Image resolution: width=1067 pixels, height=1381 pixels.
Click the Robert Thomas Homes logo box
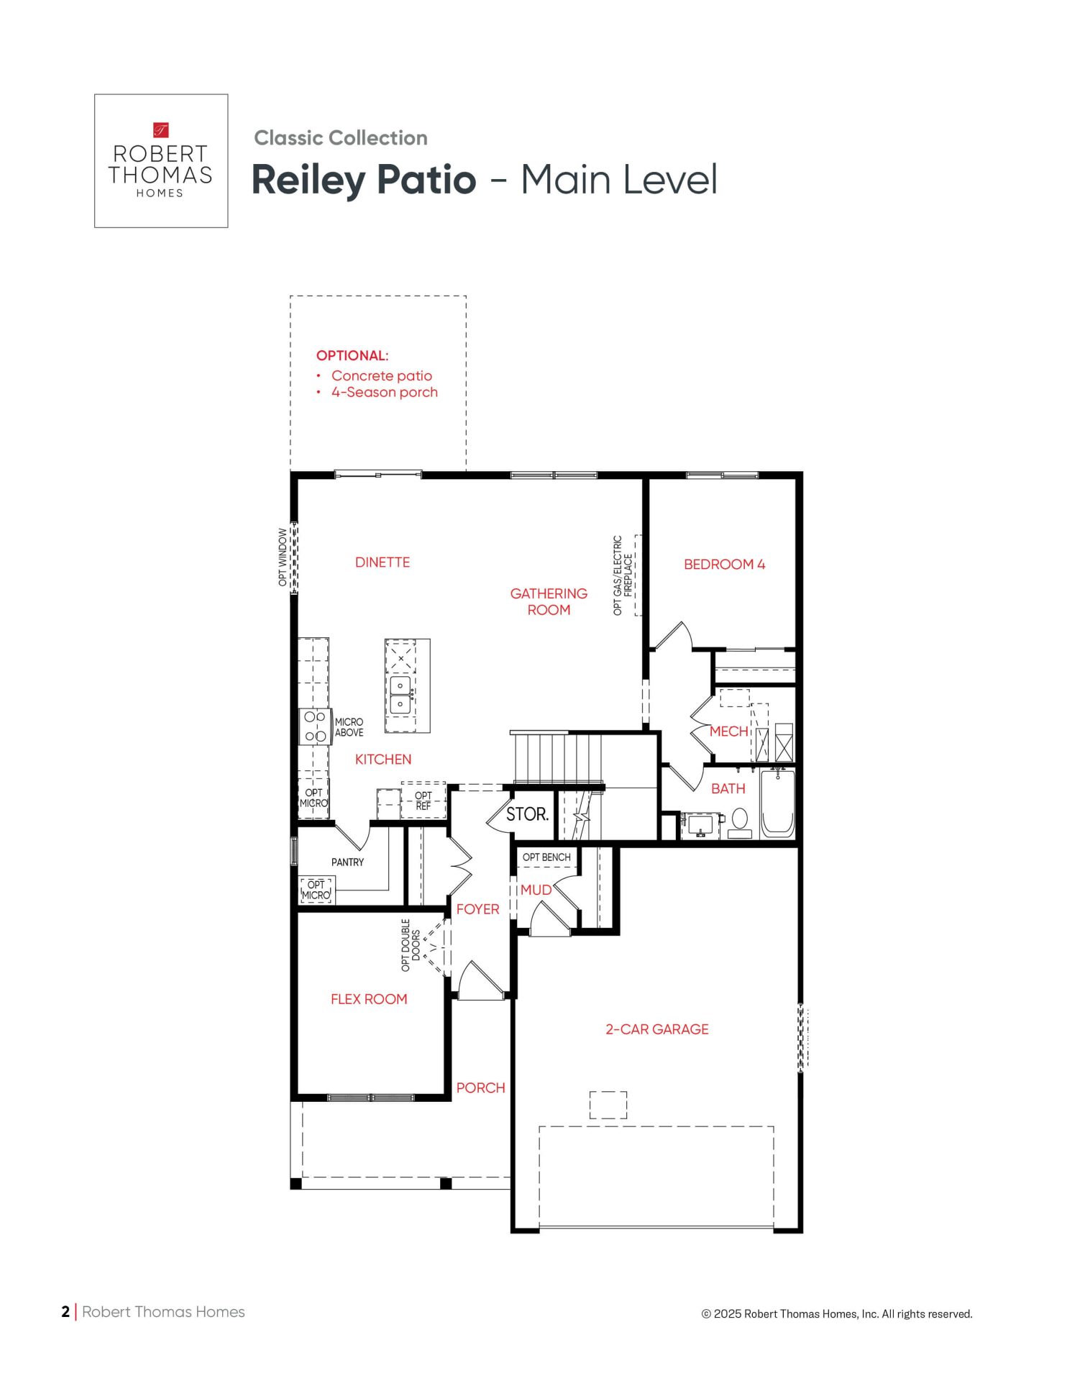[161, 161]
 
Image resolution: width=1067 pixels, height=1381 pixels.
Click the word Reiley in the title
[308, 180]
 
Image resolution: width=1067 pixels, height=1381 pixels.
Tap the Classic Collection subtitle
[341, 138]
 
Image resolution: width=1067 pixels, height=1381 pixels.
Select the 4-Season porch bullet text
[385, 393]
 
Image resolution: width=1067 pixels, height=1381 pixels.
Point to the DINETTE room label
[383, 562]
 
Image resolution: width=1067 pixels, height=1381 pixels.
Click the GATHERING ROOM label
[549, 602]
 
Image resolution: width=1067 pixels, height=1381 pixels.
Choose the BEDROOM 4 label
[725, 565]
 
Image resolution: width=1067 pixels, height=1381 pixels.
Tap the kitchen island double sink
[400, 695]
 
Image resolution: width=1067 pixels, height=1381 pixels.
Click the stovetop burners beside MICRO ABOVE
[315, 726]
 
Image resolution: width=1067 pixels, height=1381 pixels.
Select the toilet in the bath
[740, 823]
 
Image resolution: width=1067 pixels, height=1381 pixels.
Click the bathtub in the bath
[777, 803]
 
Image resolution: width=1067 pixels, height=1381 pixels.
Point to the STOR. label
[527, 814]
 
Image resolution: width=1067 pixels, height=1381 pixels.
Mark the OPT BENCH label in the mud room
[546, 857]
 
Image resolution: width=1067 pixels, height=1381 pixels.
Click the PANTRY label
[347, 862]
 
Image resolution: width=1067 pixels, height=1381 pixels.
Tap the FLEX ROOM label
[369, 999]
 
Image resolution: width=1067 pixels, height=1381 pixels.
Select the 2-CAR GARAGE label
[657, 1029]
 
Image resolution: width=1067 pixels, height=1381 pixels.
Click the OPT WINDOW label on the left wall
[283, 557]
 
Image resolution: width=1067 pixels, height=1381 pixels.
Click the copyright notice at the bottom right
[837, 1314]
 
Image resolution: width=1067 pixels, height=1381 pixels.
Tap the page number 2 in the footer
[65, 1312]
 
